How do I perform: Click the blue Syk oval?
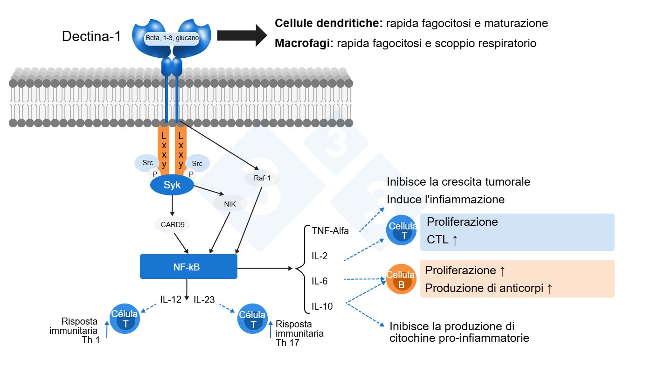172,185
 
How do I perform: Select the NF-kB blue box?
188,266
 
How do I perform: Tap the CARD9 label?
173,224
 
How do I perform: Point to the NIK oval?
229,204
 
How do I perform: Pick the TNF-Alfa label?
330,230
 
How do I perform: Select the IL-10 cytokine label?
322,306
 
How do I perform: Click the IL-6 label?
320,281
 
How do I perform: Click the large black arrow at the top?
242,35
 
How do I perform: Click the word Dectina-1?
91,36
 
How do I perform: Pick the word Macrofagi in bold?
304,43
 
